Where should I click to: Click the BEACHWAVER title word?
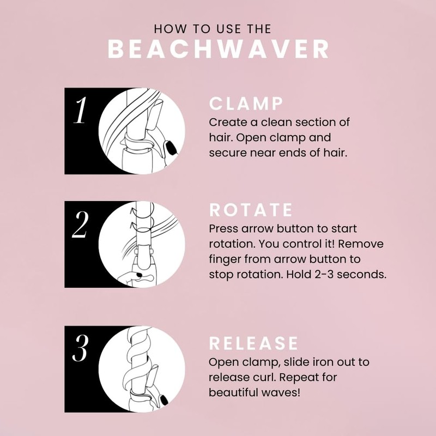218,49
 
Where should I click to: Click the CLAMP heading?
246,104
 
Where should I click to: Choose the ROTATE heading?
251,210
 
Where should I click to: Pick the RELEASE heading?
254,343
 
